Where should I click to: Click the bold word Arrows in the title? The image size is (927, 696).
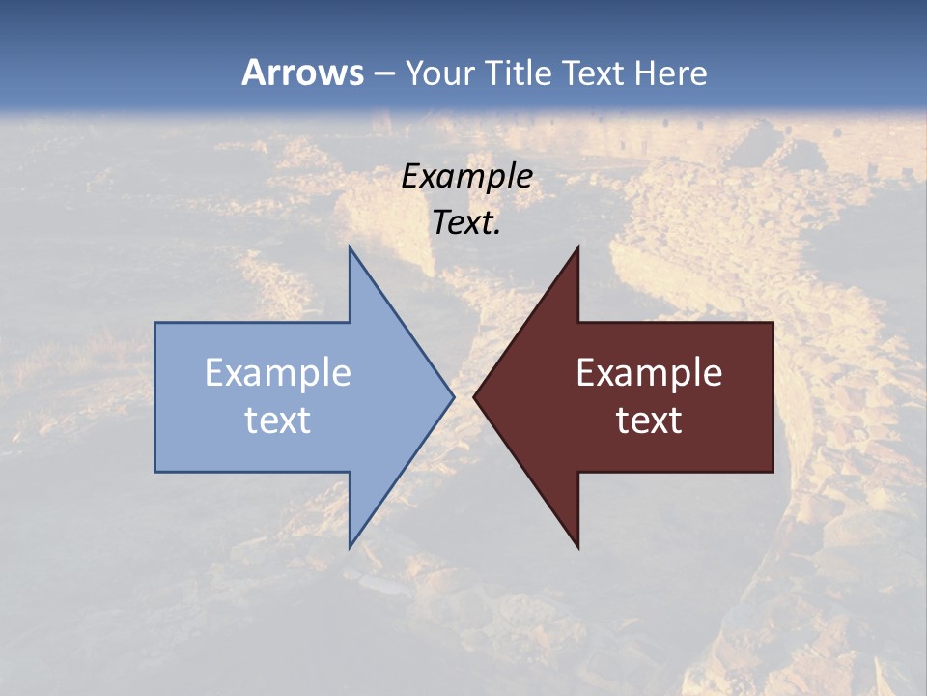coord(302,72)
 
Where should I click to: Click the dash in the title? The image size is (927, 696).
coord(383,74)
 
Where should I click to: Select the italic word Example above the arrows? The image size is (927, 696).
coord(467,176)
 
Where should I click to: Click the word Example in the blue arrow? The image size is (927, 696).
coord(278,372)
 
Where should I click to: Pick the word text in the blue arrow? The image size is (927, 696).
coord(278,420)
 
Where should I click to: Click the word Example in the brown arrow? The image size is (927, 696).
coord(649,372)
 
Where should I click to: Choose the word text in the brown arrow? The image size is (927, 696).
coord(649,420)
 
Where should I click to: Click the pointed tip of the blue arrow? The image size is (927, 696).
coord(453,396)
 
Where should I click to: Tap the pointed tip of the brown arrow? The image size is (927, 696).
coord(474,396)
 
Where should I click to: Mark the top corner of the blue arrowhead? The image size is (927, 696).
coord(350,247)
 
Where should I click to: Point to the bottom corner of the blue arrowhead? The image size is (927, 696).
coord(350,547)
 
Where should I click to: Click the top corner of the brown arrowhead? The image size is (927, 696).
coord(577,247)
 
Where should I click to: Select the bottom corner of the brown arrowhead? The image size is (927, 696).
coord(577,547)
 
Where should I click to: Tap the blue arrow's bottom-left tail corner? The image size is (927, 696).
coord(155,472)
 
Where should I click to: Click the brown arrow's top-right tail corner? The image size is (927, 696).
coord(772,323)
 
